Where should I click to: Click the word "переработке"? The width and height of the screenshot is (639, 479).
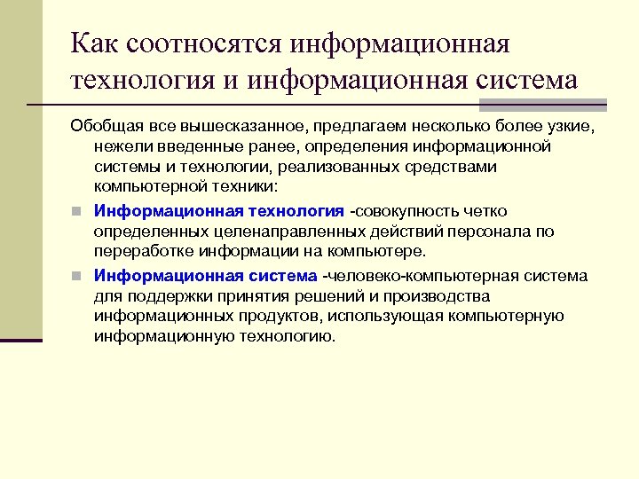pos(140,252)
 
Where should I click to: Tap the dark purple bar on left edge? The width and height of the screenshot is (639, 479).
pos(21,340)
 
